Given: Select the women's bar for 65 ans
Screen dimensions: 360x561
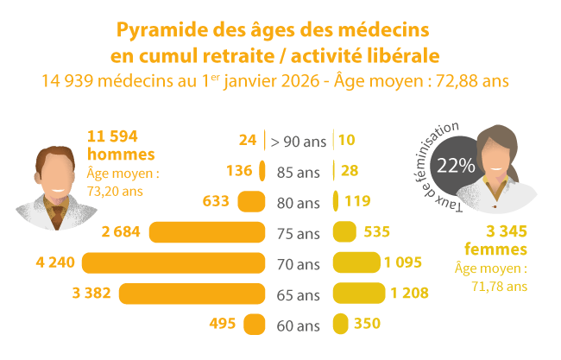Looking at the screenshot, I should pos(358,294).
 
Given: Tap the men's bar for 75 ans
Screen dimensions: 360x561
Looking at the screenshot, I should pos(206,232).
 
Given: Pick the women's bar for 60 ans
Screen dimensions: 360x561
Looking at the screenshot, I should pos(340,325).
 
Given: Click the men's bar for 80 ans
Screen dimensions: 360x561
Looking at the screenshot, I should pos(251,201).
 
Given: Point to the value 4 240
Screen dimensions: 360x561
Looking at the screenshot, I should pos(57,262).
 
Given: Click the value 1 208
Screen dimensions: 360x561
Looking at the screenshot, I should pos(409,294).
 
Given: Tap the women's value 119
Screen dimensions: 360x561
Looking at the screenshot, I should pos(356,201).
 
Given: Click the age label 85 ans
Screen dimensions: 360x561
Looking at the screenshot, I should pos(298,171).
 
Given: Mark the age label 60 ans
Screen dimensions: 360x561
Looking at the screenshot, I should pos(298,325).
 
